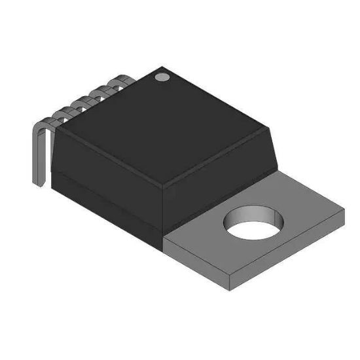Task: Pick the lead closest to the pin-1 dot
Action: (120, 80)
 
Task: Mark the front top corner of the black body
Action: (164, 184)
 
